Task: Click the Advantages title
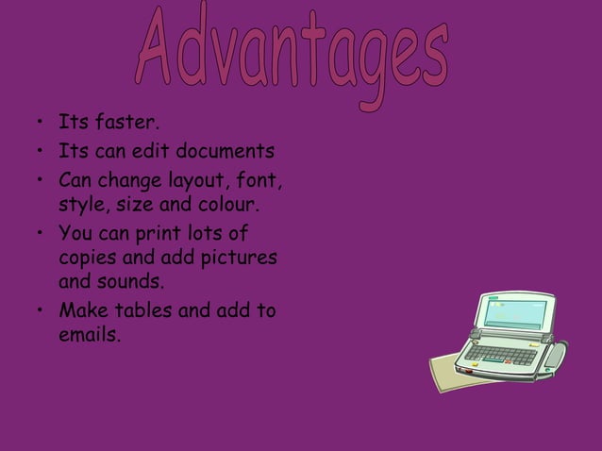click(292, 51)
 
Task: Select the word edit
click(175, 151)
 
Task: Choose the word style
click(82, 204)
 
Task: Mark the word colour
click(226, 204)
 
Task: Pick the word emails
click(89, 335)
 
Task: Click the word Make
click(82, 309)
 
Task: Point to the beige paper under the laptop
click(448, 373)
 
